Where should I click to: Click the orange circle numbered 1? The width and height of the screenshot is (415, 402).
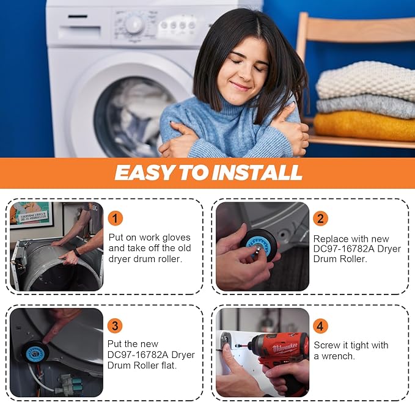[115, 218]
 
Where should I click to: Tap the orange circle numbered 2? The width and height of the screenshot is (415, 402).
[320, 218]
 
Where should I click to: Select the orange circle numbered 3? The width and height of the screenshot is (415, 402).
[115, 326]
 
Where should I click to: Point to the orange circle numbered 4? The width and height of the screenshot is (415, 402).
[320, 326]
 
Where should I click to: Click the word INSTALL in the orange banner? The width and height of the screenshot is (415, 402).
[257, 173]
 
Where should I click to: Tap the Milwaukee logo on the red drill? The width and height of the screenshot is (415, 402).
[285, 347]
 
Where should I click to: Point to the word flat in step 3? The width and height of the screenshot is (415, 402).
[169, 365]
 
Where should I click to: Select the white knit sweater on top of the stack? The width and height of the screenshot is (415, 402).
[365, 81]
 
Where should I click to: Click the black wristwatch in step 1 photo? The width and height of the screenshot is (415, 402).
[77, 252]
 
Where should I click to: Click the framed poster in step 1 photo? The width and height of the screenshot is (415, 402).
[32, 215]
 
